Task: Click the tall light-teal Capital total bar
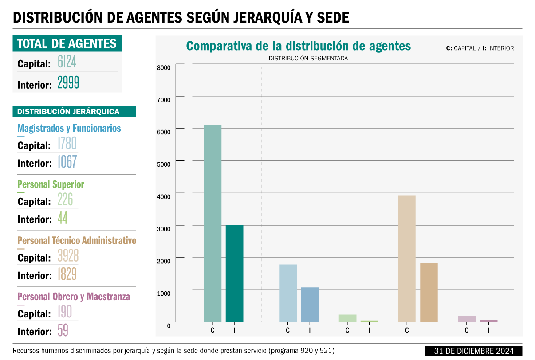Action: coord(212,223)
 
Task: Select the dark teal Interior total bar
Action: coord(234,273)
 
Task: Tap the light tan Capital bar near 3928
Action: coord(406,258)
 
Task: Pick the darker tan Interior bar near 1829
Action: coord(429,292)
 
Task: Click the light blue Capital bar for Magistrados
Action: coord(288,293)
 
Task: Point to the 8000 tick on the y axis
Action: coord(164,67)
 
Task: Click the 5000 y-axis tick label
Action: coord(164,164)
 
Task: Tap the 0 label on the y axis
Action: coord(169,326)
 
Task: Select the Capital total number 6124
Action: coord(67,63)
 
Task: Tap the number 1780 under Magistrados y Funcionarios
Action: coord(67,143)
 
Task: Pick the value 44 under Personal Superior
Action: coord(62,218)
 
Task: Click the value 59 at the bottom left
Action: coord(63,330)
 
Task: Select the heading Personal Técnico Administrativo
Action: coord(77,241)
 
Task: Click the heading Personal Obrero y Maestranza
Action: coord(74,297)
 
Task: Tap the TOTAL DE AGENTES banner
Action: coord(67,43)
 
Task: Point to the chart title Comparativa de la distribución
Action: coord(298,46)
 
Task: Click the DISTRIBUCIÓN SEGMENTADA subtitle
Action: coord(308,59)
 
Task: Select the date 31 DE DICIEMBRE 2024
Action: coord(474,351)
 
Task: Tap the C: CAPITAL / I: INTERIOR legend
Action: coord(480,48)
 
